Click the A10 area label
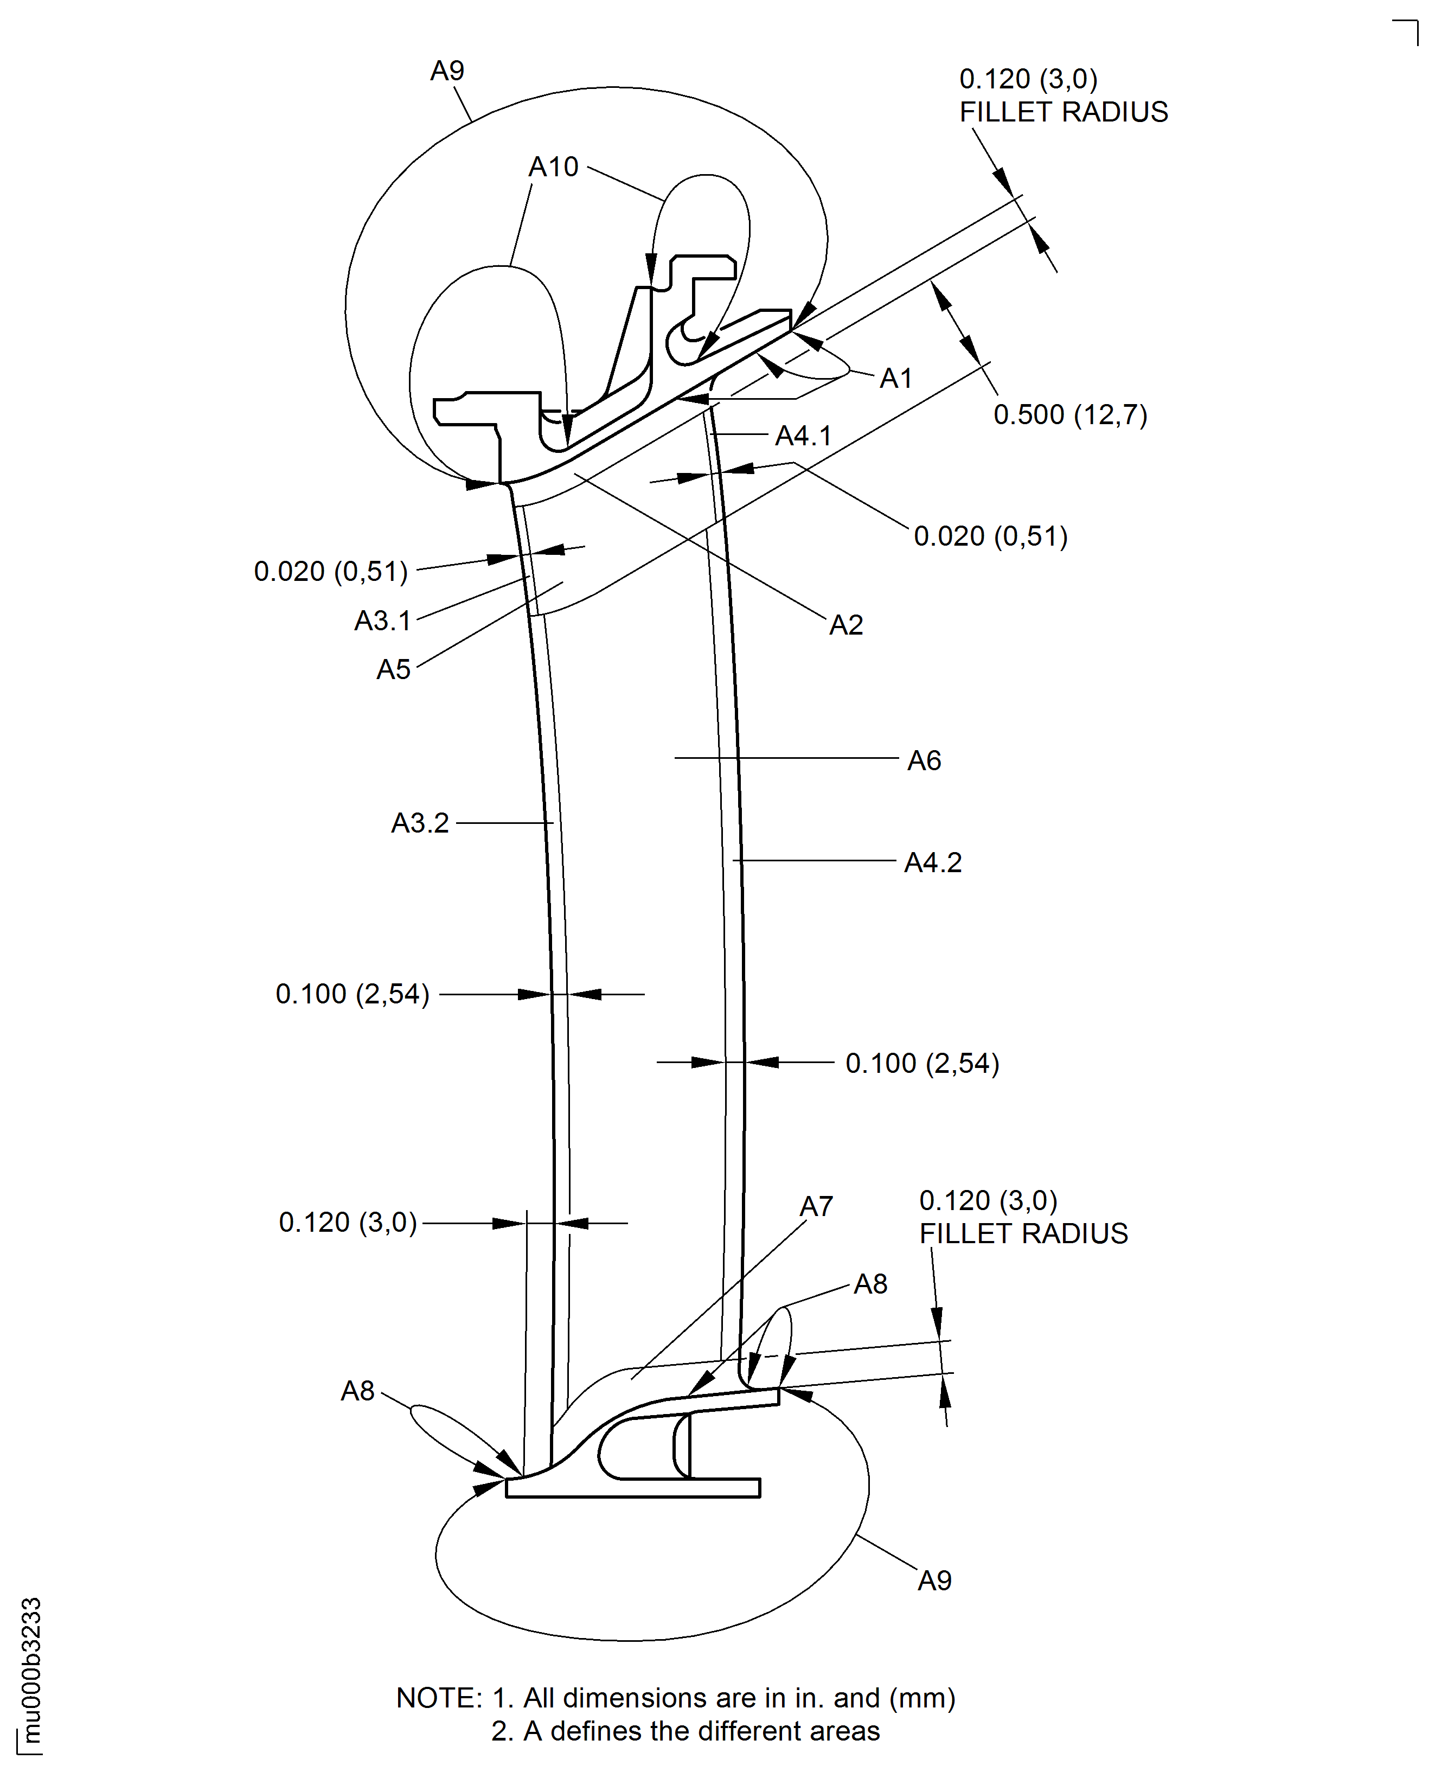tap(553, 167)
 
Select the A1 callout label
tap(895, 379)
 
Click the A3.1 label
tap(383, 620)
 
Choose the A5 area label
tap(394, 669)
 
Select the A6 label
tap(924, 760)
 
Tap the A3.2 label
tap(420, 823)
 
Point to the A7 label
tap(816, 1207)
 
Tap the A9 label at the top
tap(447, 71)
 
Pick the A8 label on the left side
tap(358, 1391)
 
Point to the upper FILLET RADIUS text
tap(1063, 112)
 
